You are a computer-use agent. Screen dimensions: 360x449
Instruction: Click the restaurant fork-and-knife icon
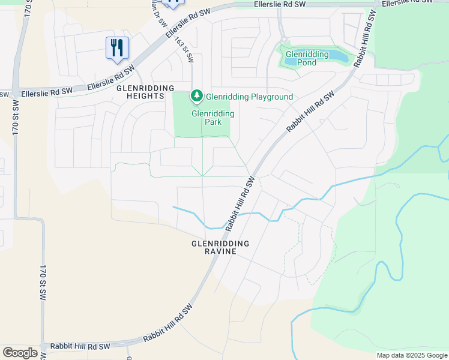pyautogui.click(x=117, y=48)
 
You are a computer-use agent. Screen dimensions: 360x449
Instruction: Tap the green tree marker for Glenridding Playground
pyautogui.click(x=196, y=96)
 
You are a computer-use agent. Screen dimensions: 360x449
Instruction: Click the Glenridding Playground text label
pyautogui.click(x=249, y=97)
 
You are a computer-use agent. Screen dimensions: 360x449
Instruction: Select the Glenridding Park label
pyautogui.click(x=212, y=118)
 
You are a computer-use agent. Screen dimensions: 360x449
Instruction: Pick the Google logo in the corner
pyautogui.click(x=20, y=353)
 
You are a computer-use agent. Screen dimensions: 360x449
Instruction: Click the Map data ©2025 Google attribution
pyautogui.click(x=412, y=355)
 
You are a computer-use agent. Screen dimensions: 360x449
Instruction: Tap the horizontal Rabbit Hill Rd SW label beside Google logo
pyautogui.click(x=80, y=347)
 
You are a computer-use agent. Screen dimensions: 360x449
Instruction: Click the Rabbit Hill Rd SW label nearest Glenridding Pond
pyautogui.click(x=310, y=112)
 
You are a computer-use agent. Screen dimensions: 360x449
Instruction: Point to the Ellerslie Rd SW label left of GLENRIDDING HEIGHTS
pyautogui.click(x=47, y=93)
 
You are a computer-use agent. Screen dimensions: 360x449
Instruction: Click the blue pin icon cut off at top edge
pyautogui.click(x=173, y=4)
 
